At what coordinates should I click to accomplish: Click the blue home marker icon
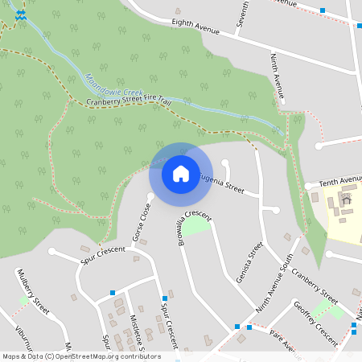tap(181, 173)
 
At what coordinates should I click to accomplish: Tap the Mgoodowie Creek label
tap(113, 86)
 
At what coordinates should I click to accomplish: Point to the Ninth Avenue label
tap(278, 76)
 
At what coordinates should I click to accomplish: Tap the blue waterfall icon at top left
tap(20, 14)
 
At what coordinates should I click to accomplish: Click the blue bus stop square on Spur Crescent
tap(164, 298)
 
